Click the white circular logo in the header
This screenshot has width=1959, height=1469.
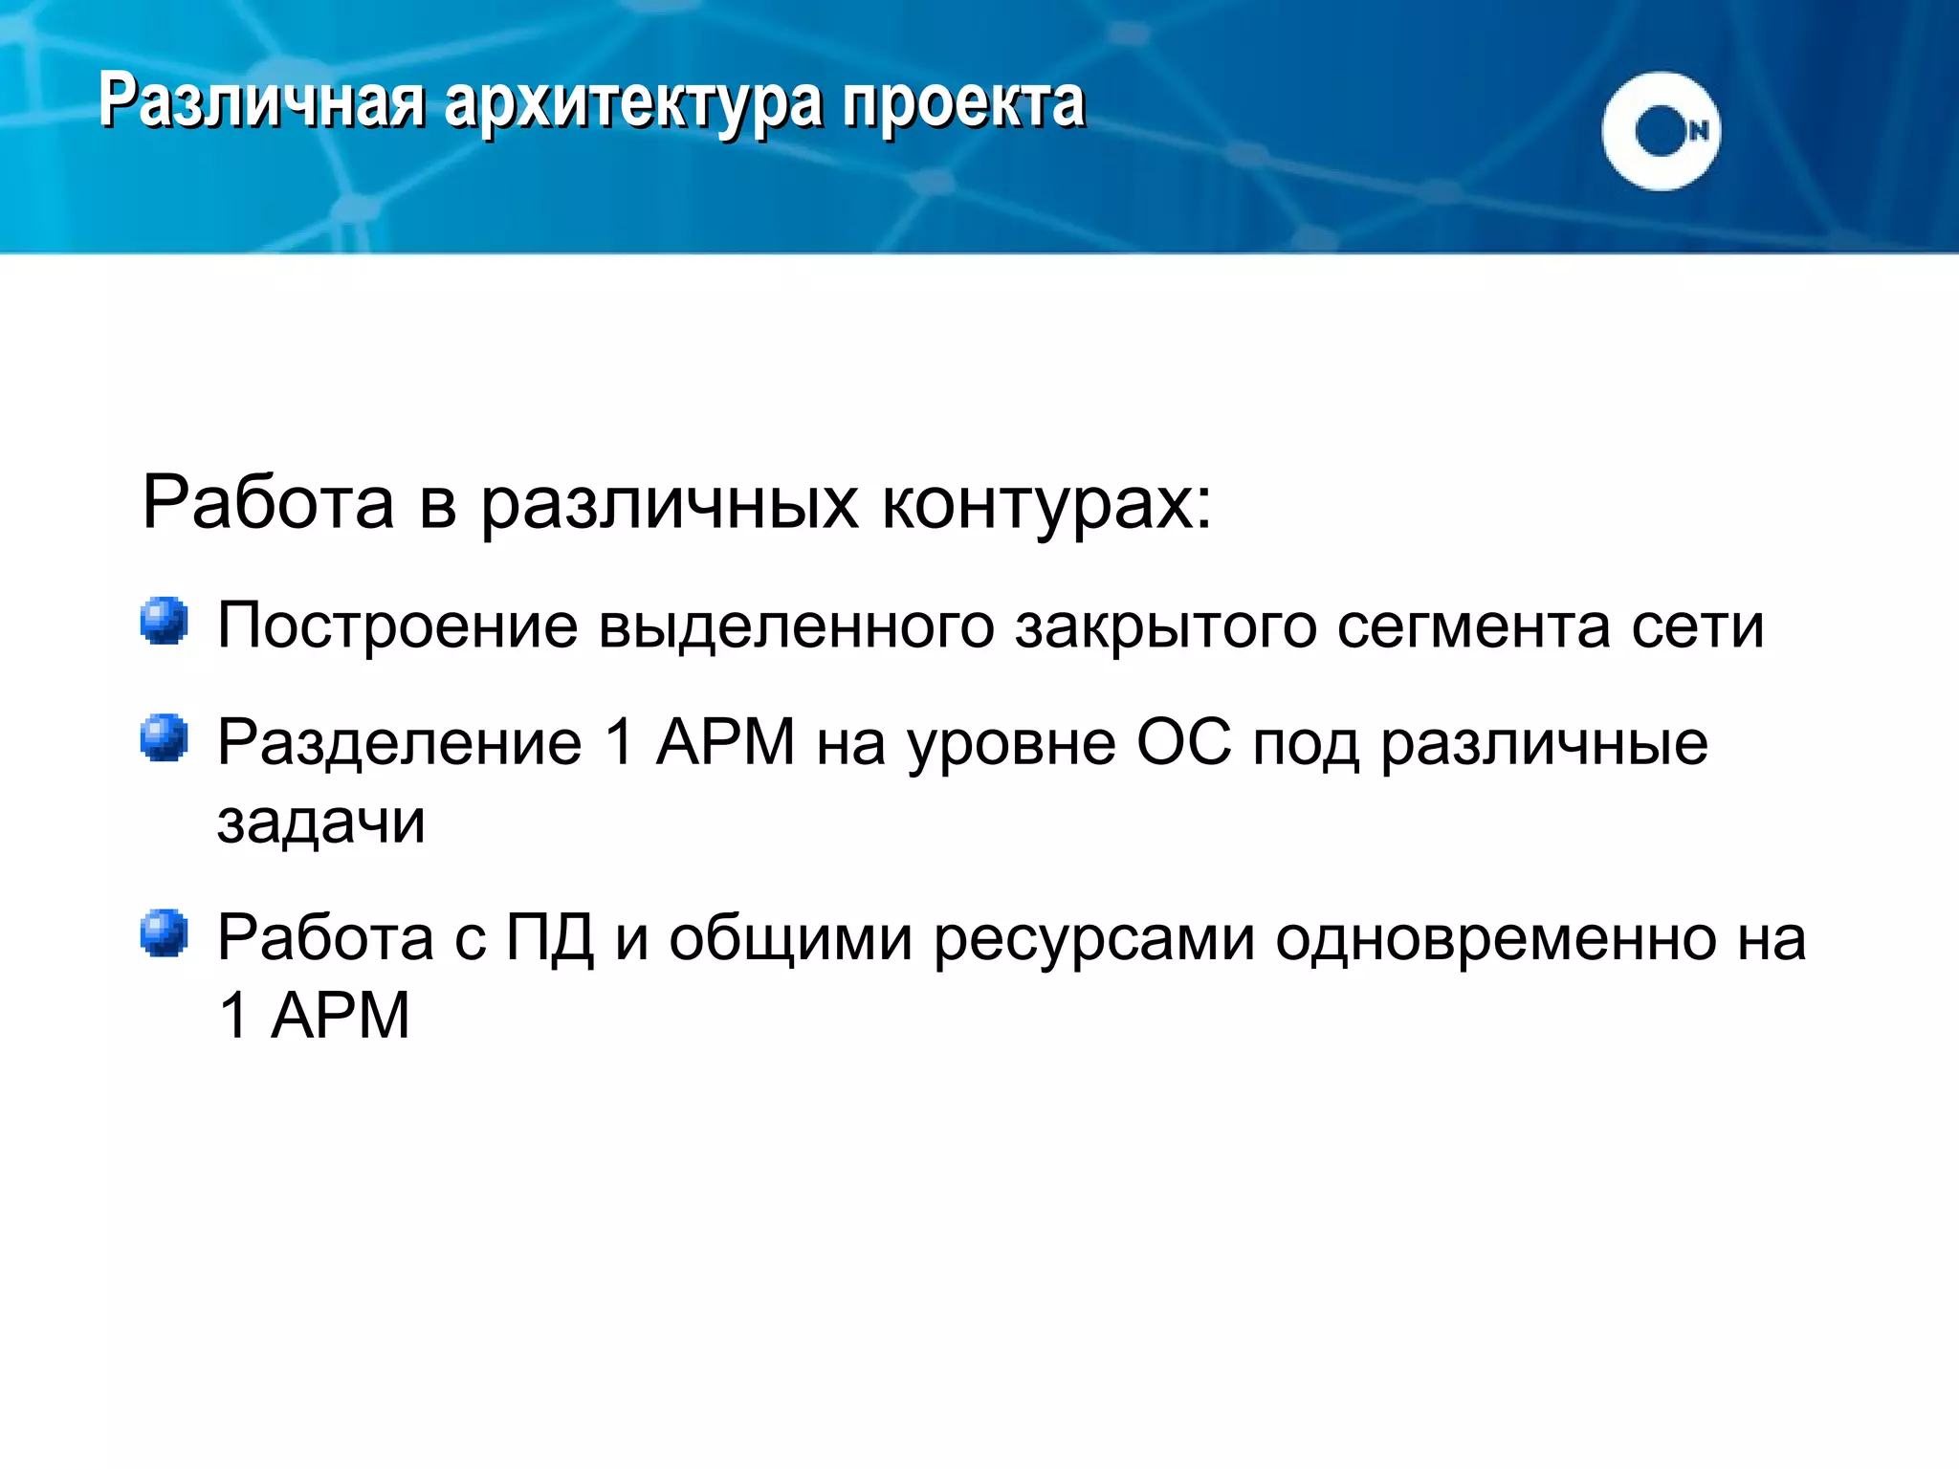1661,131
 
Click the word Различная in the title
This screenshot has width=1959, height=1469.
261,101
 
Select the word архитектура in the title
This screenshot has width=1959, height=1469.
632,103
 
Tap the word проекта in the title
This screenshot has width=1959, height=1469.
963,103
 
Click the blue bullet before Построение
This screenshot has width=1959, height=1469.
165,622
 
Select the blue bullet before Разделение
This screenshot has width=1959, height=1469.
165,738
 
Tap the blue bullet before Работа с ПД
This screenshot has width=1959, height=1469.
165,933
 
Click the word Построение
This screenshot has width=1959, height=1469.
397,625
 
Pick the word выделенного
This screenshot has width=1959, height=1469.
797,627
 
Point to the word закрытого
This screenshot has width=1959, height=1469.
1165,627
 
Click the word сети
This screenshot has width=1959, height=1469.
1697,625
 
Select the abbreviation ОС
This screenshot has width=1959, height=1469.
1184,742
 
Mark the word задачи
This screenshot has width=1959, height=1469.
321,821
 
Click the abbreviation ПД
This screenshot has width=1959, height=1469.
549,937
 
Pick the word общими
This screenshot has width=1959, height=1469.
790,939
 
